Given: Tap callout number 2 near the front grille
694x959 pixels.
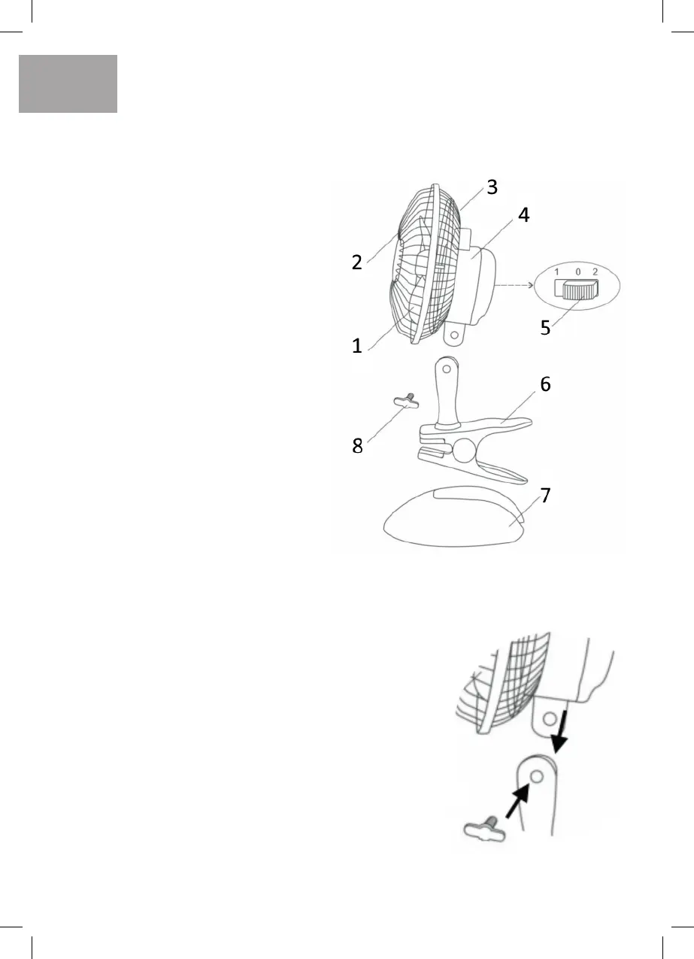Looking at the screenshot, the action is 357,263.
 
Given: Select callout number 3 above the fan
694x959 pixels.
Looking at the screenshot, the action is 492,187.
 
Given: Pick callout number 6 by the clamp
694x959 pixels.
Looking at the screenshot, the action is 545,384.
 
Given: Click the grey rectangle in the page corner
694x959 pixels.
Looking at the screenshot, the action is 68,83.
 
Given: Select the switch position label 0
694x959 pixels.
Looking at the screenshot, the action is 575,270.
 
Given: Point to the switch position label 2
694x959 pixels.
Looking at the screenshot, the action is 595,270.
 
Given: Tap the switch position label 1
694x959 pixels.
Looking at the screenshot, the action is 556,270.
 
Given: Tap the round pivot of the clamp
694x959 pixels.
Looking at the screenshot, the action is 463,453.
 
